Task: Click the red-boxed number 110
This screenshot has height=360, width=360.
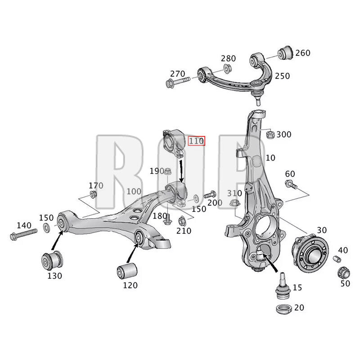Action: [x=196, y=141]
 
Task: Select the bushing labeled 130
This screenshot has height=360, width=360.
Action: [x=52, y=261]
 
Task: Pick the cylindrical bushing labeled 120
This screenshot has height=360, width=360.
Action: [x=127, y=271]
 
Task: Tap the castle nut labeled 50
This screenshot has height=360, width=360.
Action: [x=344, y=273]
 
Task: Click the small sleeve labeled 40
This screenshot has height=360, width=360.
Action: [x=337, y=259]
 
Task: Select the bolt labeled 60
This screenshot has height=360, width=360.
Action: [x=291, y=184]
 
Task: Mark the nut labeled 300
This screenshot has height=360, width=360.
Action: [x=270, y=134]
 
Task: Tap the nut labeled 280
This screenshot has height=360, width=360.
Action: [x=227, y=68]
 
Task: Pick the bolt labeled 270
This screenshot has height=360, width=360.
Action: [x=178, y=82]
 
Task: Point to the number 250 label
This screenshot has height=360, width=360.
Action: [x=282, y=76]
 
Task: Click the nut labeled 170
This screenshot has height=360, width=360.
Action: [x=93, y=194]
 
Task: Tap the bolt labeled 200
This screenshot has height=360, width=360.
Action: [x=210, y=195]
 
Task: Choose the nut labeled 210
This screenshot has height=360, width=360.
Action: [x=182, y=221]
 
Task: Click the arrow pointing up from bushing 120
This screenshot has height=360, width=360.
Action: [x=132, y=253]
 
